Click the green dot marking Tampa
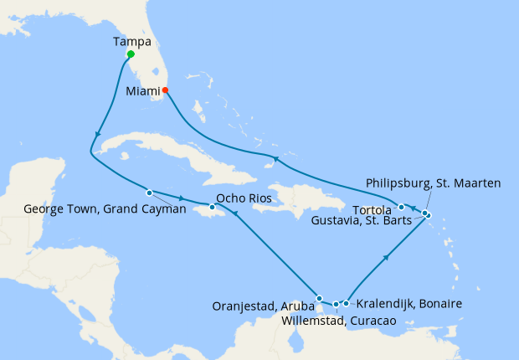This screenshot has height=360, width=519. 130,54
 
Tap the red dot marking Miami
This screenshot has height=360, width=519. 165,90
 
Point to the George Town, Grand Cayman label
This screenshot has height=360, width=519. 105,209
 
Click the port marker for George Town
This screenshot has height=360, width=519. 149,190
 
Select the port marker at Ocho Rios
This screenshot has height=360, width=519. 212,207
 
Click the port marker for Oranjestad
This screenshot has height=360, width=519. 319,298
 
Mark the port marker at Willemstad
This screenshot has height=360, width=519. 337,305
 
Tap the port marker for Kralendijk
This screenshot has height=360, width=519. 347,303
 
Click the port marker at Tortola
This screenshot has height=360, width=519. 402,207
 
